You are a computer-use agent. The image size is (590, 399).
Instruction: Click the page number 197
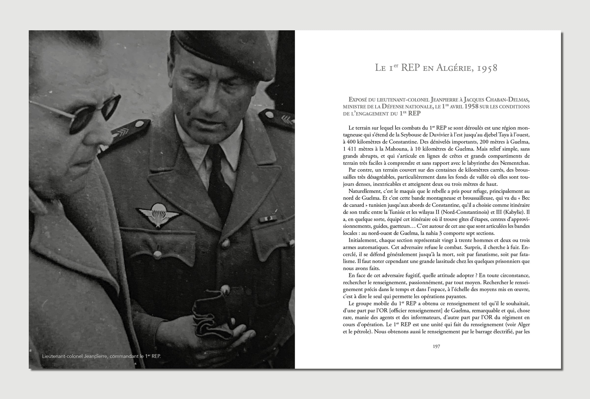click(x=436, y=346)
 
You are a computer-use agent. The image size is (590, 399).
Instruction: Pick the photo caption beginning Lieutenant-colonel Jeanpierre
click(x=102, y=356)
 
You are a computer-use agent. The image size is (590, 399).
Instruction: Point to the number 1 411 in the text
click(x=351, y=149)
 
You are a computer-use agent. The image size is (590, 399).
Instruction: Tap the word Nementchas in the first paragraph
click(x=515, y=163)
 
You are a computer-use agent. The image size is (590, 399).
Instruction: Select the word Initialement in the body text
click(x=363, y=240)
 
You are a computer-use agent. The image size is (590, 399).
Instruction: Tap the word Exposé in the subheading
click(x=359, y=100)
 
